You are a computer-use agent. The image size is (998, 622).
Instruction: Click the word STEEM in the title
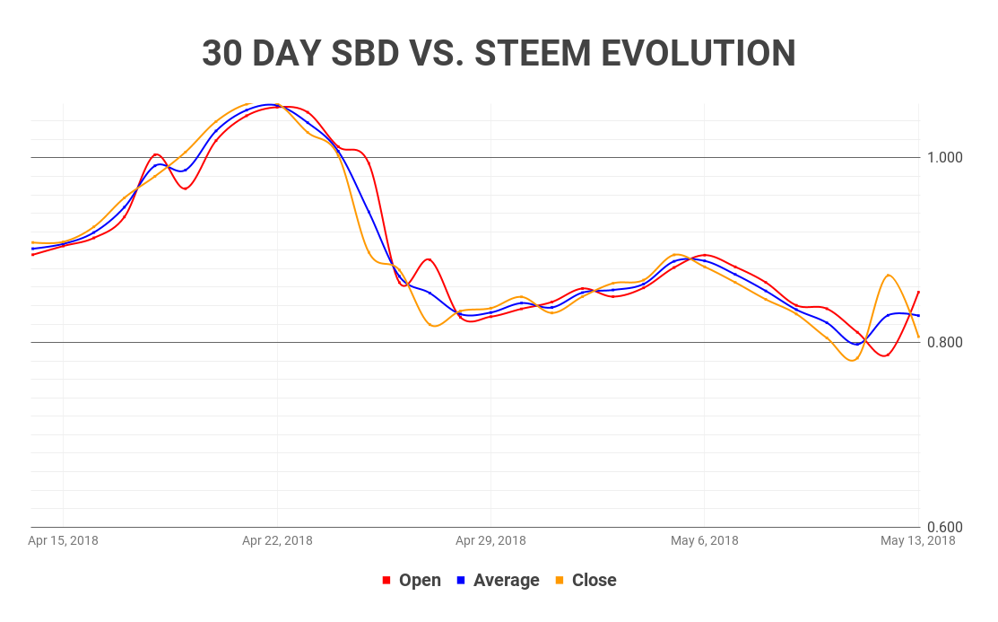click(532, 54)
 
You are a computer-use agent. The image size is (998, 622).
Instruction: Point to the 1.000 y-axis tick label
click(943, 157)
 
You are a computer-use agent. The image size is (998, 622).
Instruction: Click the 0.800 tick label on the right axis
click(943, 342)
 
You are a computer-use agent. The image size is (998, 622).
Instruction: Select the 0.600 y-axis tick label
click(943, 527)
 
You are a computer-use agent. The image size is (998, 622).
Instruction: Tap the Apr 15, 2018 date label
click(63, 540)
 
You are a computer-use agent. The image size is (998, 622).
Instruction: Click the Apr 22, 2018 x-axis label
click(277, 540)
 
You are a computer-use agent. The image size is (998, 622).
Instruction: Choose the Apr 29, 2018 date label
click(490, 540)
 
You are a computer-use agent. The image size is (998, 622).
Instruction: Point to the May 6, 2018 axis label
click(704, 540)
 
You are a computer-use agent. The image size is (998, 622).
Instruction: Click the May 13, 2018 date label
click(917, 540)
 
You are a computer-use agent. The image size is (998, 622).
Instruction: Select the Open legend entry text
click(420, 580)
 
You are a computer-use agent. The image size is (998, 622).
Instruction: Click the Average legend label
click(506, 580)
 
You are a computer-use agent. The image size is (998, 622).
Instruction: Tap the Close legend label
click(594, 580)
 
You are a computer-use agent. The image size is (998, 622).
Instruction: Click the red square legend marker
click(386, 581)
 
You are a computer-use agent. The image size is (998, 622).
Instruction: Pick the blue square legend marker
click(461, 581)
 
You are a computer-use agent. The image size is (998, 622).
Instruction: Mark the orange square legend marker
click(560, 581)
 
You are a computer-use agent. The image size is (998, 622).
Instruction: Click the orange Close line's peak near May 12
click(888, 275)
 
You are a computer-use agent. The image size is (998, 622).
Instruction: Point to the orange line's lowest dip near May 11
click(852, 360)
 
